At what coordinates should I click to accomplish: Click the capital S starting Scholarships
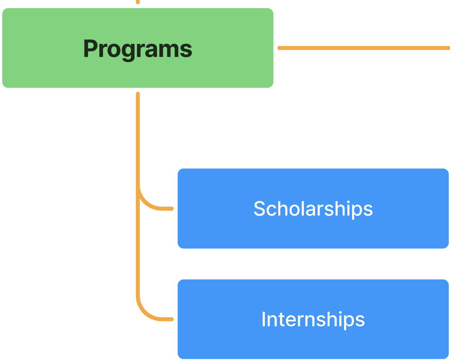point(260,209)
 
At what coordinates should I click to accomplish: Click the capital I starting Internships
point(264,319)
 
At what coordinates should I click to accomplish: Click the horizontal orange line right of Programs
point(361,48)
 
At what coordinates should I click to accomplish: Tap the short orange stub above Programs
point(138,2)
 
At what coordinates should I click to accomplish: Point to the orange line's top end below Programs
point(138,94)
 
